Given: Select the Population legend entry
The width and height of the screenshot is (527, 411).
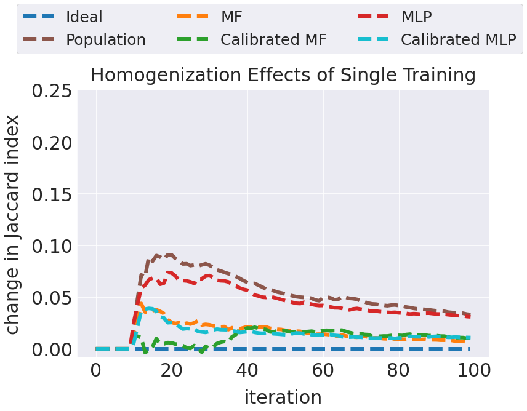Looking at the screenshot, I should (x=105, y=39).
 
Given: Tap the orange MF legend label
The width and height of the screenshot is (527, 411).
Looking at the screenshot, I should (x=231, y=17).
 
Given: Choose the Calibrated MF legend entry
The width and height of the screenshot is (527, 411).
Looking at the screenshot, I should (x=273, y=39).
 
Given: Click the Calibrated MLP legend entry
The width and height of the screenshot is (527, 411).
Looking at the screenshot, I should (x=458, y=39).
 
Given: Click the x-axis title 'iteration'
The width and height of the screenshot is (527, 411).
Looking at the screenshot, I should (x=283, y=397).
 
